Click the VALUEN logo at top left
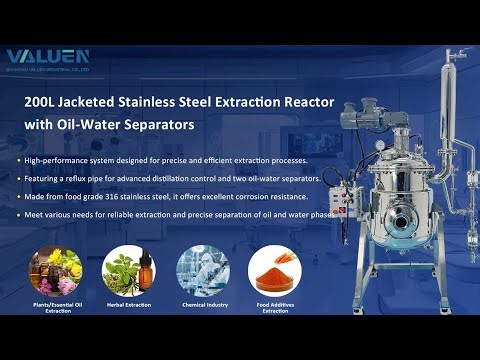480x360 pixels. [47, 57]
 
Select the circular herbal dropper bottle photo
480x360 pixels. [129, 270]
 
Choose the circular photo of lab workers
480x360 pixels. [202, 270]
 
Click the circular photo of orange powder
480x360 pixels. [275, 270]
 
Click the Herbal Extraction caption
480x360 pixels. [129, 304]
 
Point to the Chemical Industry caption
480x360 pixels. [202, 304]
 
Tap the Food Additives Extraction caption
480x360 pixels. [275, 307]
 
